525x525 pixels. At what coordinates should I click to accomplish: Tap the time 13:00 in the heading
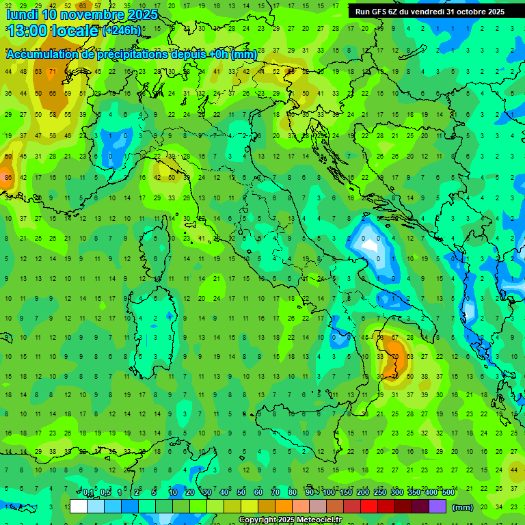click(29, 31)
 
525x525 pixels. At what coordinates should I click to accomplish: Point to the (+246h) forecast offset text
click(122, 31)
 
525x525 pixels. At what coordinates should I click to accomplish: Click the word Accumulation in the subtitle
click(44, 55)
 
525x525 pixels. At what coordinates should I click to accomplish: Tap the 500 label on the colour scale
click(448, 493)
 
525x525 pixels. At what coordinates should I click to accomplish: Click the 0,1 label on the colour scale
click(89, 493)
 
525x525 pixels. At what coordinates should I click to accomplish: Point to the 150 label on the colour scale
click(346, 493)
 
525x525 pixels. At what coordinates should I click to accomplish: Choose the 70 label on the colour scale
click(275, 493)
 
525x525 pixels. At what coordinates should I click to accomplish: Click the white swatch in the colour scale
click(79, 507)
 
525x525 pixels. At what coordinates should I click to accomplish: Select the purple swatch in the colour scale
click(437, 507)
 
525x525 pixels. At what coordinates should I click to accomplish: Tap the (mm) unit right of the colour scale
click(463, 507)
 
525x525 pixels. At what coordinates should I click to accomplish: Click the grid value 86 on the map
click(8, 177)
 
